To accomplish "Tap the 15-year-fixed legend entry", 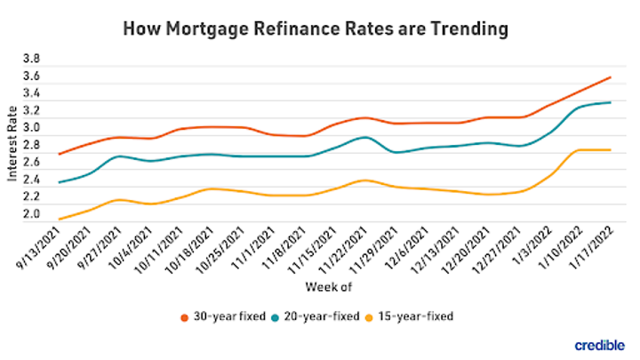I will click(x=416, y=317).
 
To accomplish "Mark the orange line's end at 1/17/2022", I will click(x=610, y=77).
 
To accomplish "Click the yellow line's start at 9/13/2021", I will click(x=60, y=219).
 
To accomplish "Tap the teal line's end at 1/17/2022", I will click(x=610, y=102).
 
